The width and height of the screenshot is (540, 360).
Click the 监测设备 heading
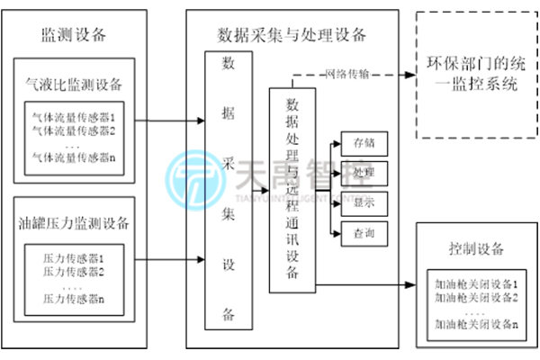(x=74, y=35)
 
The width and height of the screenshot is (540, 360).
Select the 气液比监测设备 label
(x=75, y=85)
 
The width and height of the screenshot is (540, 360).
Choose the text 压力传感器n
(x=74, y=298)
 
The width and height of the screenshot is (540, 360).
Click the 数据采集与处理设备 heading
(x=292, y=35)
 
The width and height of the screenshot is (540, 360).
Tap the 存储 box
(x=364, y=143)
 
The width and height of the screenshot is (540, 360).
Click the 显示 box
(x=364, y=203)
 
